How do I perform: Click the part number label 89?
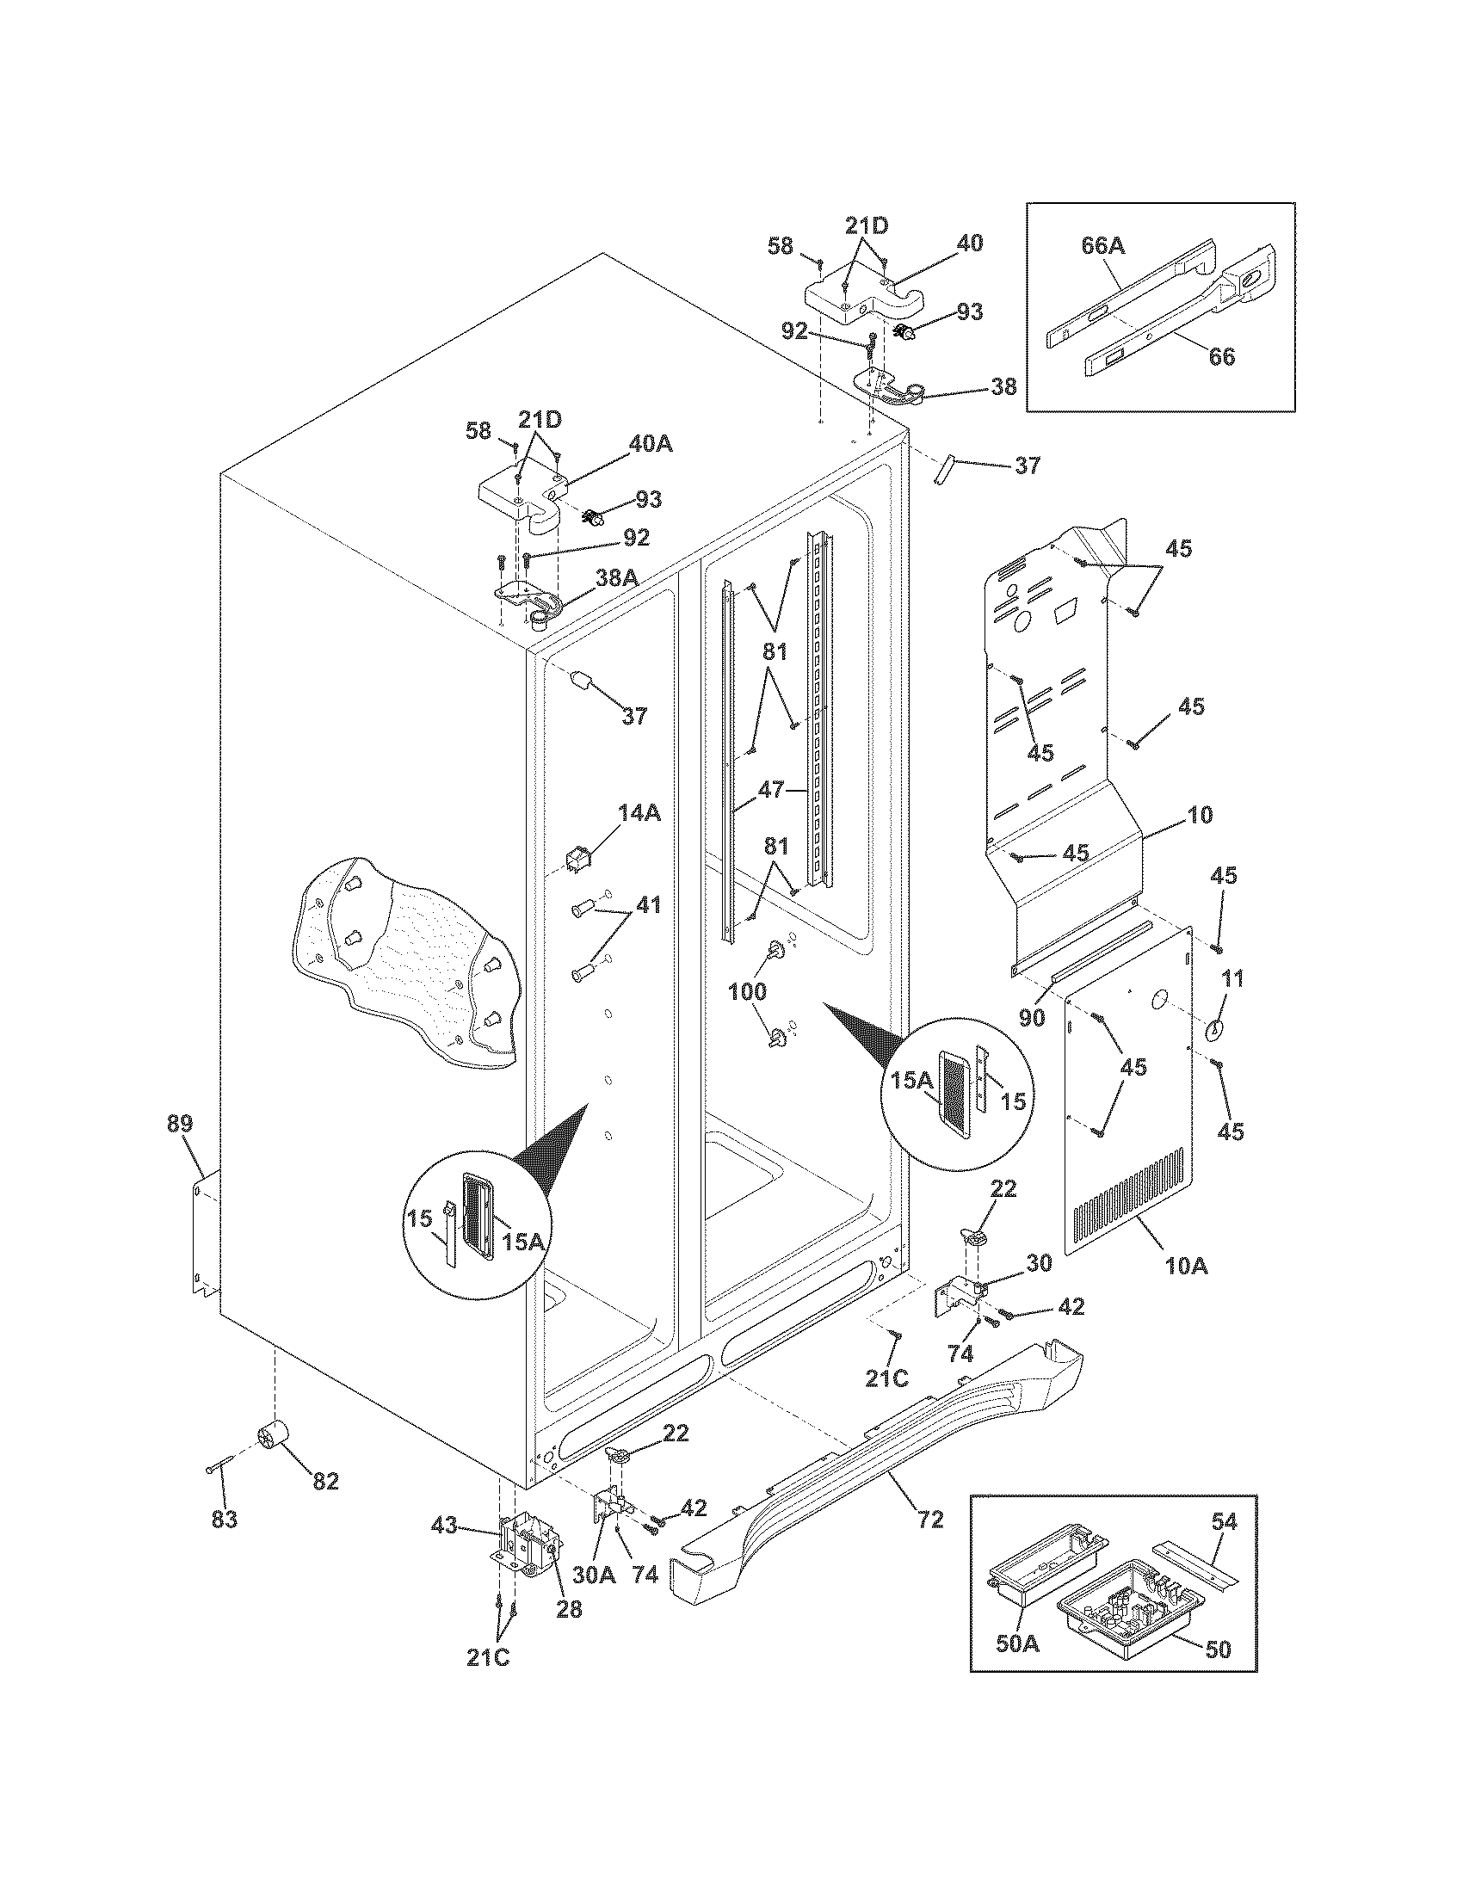pyautogui.click(x=179, y=1125)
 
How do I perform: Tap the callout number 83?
pyautogui.click(x=225, y=1520)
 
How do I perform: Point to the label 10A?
pyautogui.click(x=1186, y=1266)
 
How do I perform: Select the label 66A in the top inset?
pyautogui.click(x=1102, y=246)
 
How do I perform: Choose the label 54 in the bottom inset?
pyautogui.click(x=1225, y=1520)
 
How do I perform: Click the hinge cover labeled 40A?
pyautogui.click(x=520, y=503)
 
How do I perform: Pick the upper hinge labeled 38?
pyautogui.click(x=897, y=385)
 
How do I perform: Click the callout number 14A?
pyautogui.click(x=639, y=812)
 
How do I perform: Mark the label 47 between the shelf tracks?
pyautogui.click(x=770, y=790)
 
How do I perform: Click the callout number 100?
pyautogui.click(x=747, y=990)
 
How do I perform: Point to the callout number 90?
pyautogui.click(x=1031, y=1018)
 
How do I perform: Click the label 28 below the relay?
pyautogui.click(x=570, y=1608)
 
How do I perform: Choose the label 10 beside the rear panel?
pyautogui.click(x=1201, y=815)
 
